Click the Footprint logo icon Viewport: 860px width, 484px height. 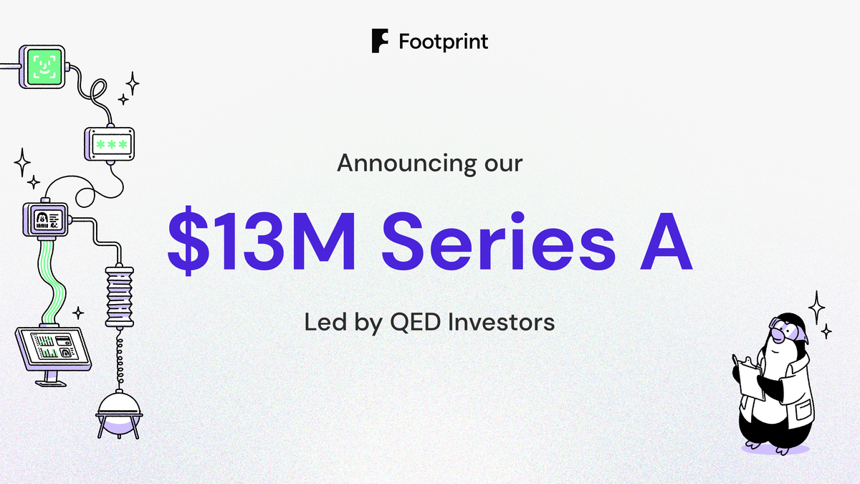381,41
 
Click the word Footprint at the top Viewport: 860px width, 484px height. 443,41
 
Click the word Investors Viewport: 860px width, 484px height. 501,322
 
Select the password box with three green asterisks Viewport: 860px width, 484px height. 110,144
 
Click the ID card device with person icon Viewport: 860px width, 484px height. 45,218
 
